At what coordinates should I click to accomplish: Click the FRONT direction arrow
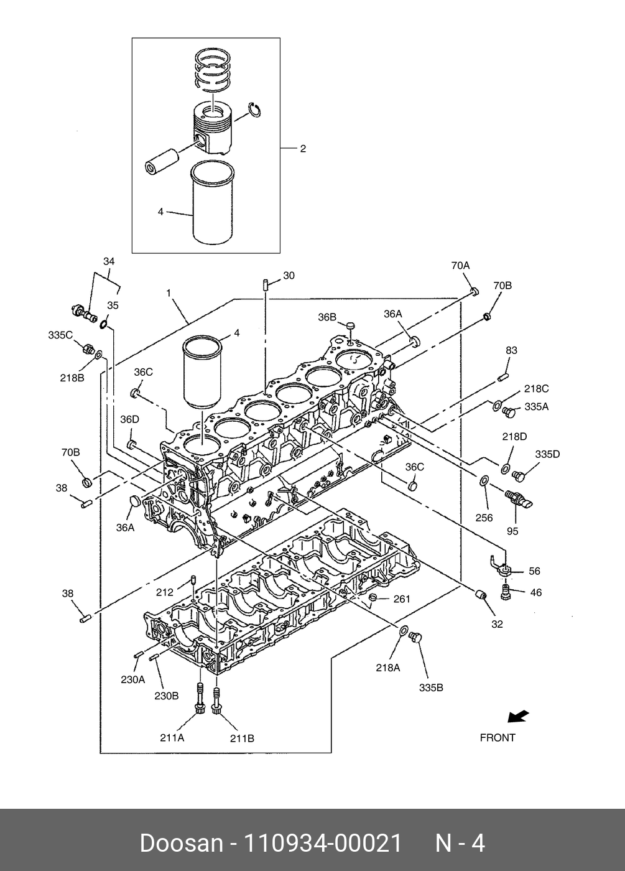(x=518, y=716)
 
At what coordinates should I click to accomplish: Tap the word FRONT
(x=498, y=738)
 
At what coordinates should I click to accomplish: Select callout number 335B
(x=431, y=688)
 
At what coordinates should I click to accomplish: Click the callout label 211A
(x=172, y=738)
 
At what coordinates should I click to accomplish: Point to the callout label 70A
(x=460, y=266)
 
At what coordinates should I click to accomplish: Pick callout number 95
(x=512, y=531)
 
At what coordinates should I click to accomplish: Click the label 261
(x=402, y=599)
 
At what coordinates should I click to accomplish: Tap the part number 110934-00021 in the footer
(x=323, y=844)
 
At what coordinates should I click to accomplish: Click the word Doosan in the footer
(x=182, y=844)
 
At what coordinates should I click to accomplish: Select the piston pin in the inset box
(x=161, y=161)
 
